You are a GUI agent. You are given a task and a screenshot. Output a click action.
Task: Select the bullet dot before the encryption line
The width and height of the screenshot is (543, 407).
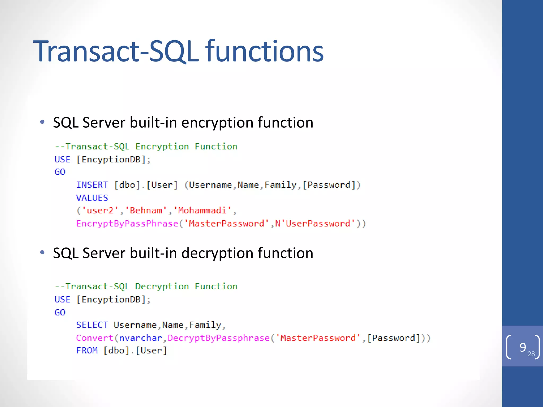click(x=42, y=122)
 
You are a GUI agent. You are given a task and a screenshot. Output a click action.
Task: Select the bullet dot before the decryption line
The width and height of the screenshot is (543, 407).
click(x=42, y=253)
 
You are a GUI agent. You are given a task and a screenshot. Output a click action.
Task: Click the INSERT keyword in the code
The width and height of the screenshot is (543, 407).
click(x=92, y=185)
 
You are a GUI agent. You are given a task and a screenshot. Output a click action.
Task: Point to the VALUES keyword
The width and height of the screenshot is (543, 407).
click(x=92, y=198)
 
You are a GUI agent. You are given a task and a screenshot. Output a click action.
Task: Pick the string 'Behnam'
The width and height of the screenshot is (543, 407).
click(x=146, y=211)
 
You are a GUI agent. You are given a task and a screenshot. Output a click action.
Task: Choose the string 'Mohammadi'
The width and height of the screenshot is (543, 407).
click(x=202, y=211)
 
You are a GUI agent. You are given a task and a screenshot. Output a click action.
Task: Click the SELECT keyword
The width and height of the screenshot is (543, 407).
click(x=92, y=325)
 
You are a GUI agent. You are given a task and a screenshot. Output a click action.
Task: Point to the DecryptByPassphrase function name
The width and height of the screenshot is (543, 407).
click(x=219, y=338)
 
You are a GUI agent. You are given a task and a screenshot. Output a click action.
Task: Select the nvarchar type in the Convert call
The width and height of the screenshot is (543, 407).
click(x=141, y=338)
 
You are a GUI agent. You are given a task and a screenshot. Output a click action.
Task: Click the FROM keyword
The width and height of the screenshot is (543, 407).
click(x=87, y=351)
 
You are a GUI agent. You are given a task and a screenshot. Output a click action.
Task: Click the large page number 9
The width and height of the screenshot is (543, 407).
click(x=523, y=347)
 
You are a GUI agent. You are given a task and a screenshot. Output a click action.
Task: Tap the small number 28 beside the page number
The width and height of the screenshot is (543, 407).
click(x=531, y=354)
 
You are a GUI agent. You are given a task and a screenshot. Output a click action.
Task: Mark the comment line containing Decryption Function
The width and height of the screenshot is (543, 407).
click(x=146, y=286)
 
